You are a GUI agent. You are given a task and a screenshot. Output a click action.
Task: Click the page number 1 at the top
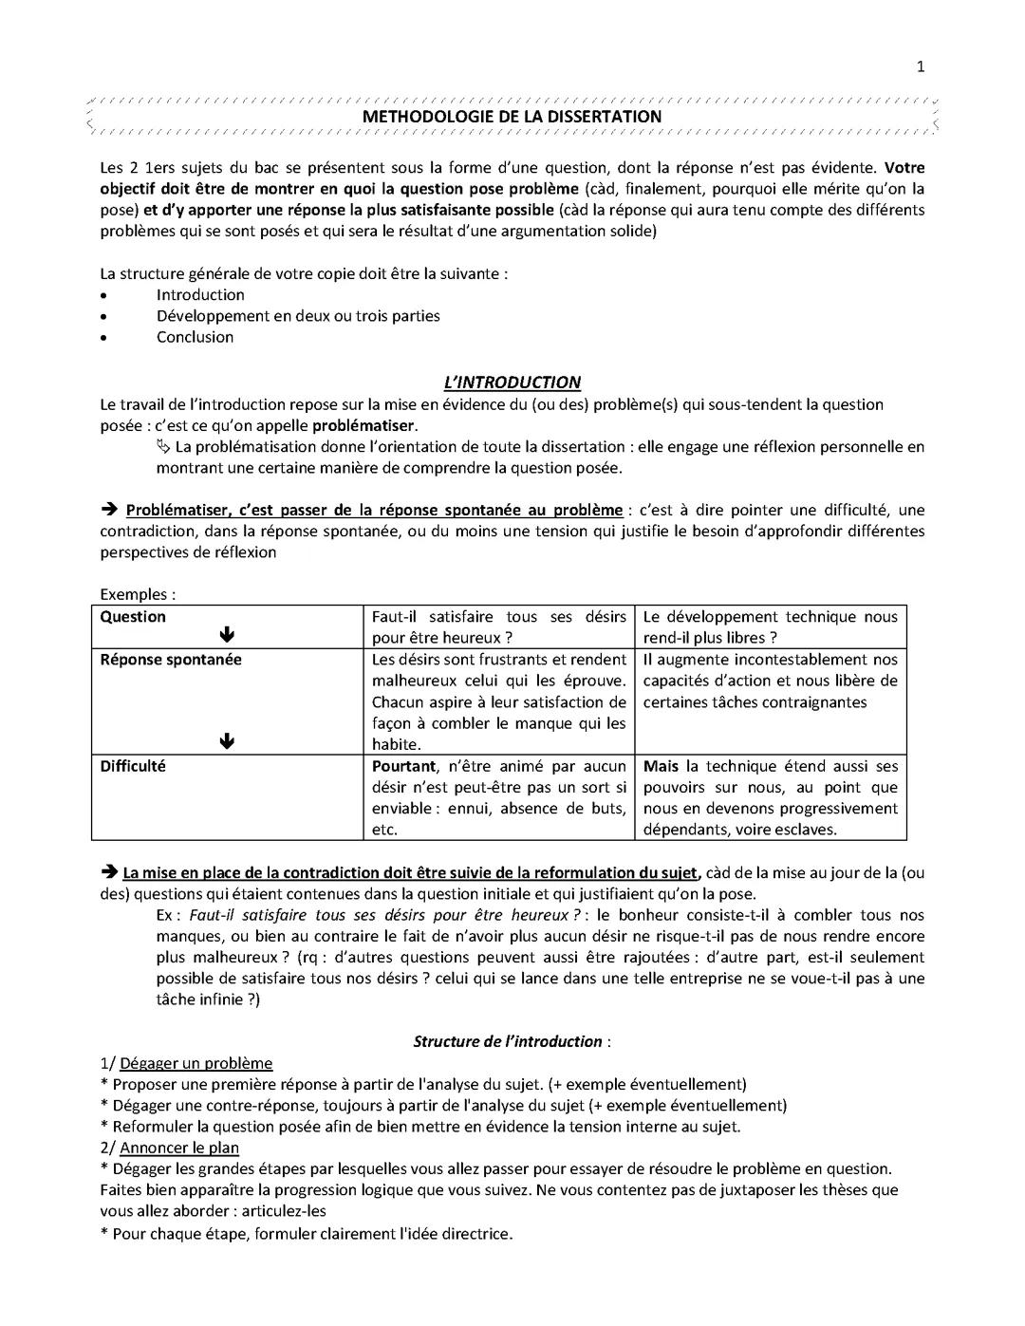tap(920, 65)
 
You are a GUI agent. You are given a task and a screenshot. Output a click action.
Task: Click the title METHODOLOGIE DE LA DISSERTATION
tap(512, 117)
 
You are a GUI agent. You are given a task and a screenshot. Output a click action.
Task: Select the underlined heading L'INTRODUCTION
tap(512, 383)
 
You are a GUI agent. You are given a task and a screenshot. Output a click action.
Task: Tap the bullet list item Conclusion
tap(195, 337)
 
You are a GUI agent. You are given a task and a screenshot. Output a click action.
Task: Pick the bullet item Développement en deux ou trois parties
tap(298, 316)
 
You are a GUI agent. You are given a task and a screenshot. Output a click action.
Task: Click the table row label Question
tap(133, 617)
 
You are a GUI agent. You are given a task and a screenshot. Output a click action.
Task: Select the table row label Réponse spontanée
tap(171, 660)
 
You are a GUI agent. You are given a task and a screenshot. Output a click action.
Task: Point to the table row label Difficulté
tap(133, 766)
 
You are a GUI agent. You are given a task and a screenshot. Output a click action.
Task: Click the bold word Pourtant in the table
tap(403, 766)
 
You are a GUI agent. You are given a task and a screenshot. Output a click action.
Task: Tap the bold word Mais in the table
tap(661, 766)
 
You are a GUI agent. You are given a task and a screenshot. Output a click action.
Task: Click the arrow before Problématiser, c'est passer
tap(108, 511)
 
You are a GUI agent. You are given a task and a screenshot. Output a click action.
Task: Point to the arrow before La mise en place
tap(108, 872)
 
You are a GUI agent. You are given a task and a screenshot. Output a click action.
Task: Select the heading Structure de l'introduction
tap(508, 1041)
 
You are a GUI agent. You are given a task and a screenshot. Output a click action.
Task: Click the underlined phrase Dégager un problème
tap(196, 1063)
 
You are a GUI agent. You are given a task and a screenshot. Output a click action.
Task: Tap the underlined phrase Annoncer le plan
tap(179, 1148)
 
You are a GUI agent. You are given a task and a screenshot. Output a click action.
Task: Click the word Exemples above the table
tap(134, 595)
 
